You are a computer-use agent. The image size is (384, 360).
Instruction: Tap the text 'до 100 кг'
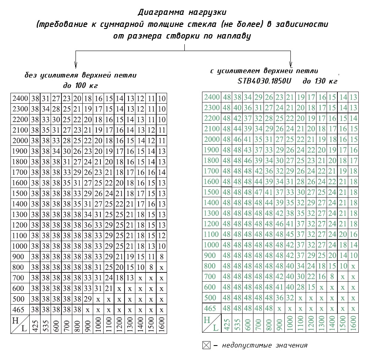pyautogui.click(x=81, y=85)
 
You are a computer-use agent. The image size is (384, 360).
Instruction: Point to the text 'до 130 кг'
pyautogui.click(x=320, y=81)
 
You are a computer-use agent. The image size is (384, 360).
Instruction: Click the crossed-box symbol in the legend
pyautogui.click(x=206, y=345)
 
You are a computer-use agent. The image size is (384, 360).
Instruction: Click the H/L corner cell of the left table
pyautogui.click(x=20, y=324)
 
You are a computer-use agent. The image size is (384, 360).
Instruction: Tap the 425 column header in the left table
pyautogui.click(x=35, y=324)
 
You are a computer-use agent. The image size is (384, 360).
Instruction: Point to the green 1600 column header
pyautogui.click(x=353, y=323)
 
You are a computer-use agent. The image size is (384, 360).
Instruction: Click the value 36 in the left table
pyautogui.click(x=88, y=224)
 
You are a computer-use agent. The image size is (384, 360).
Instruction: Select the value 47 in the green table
pyautogui.click(x=258, y=192)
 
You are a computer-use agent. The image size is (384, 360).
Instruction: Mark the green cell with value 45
pyautogui.click(x=290, y=234)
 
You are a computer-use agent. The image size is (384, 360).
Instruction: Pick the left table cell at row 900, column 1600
pyautogui.click(x=161, y=256)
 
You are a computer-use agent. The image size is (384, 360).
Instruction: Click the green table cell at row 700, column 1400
pyautogui.click(x=332, y=277)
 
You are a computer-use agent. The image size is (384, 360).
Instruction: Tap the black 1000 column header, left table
pyautogui.click(x=98, y=324)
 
